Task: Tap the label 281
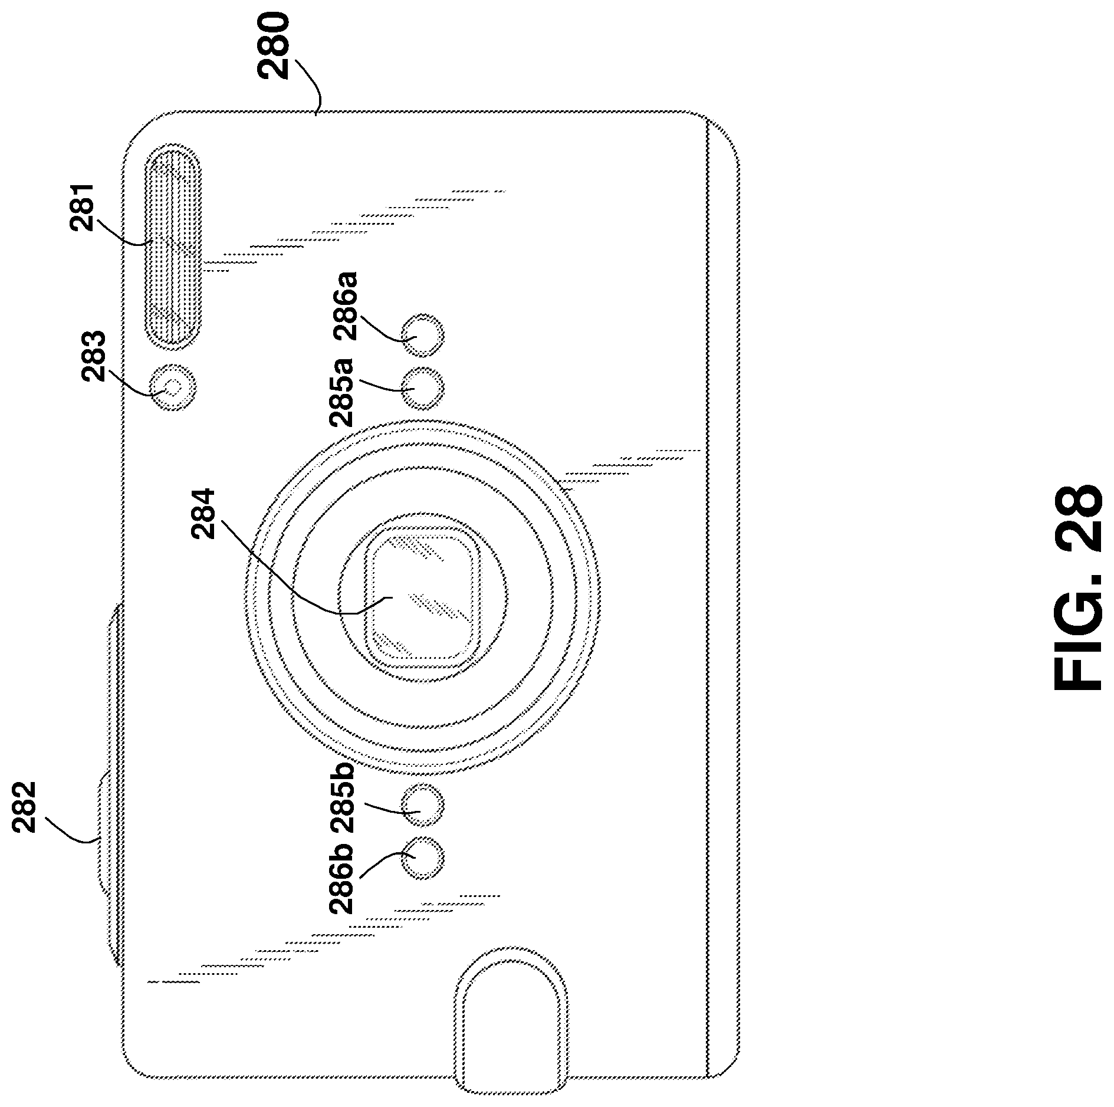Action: (x=83, y=207)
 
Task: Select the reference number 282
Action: (x=24, y=807)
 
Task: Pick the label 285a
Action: (x=341, y=392)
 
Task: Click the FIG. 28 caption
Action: (x=1077, y=587)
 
